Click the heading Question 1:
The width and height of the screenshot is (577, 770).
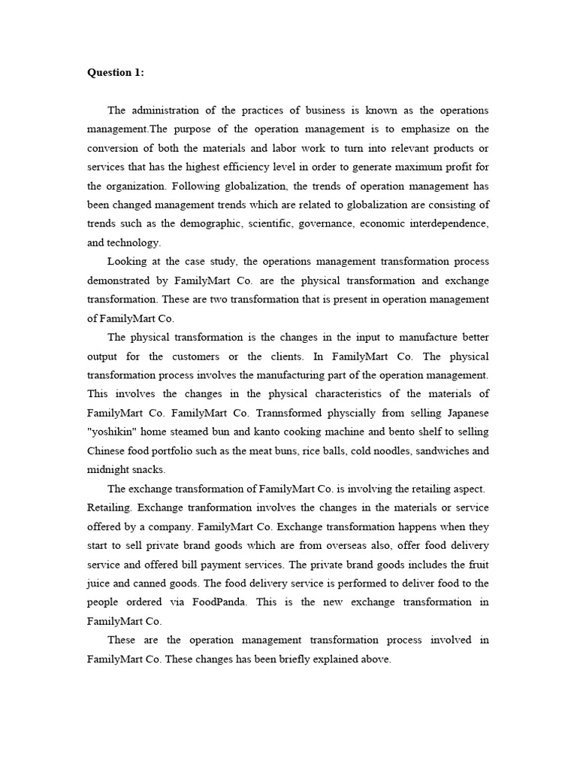116,72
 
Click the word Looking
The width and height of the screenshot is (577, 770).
127,262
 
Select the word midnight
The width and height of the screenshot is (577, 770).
110,470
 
